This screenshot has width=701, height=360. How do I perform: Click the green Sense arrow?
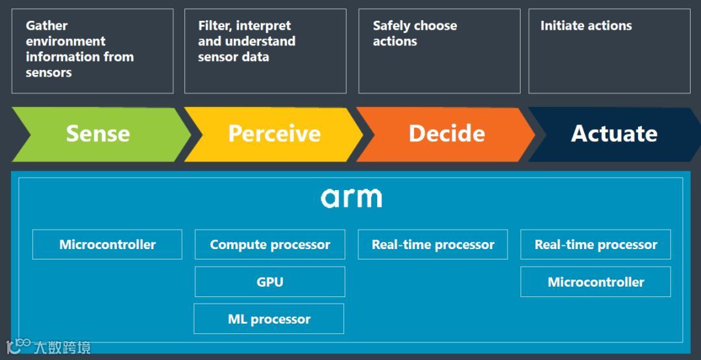[x=98, y=134]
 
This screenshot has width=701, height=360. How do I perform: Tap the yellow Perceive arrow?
[x=274, y=134]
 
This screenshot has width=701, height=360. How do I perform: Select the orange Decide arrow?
[x=447, y=134]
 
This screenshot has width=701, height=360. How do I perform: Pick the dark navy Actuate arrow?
[x=614, y=134]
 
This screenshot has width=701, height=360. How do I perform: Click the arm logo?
[x=351, y=197]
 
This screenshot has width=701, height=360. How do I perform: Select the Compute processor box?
[x=270, y=245]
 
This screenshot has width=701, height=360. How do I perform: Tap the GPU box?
[x=270, y=282]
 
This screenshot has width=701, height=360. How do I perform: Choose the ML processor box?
[x=269, y=319]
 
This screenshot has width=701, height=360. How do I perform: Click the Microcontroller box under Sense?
[x=107, y=245]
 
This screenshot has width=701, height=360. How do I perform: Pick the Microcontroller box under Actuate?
[x=596, y=282]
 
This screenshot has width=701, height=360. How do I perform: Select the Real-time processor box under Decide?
[x=433, y=245]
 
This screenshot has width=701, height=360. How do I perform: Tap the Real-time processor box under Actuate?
[x=596, y=245]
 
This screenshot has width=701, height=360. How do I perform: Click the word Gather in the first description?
[x=47, y=26]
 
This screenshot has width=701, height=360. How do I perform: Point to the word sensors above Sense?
[x=49, y=73]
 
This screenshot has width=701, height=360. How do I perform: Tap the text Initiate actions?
[x=586, y=26]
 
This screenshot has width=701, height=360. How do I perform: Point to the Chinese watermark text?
[x=62, y=347]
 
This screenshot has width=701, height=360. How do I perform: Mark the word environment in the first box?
[x=66, y=42]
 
